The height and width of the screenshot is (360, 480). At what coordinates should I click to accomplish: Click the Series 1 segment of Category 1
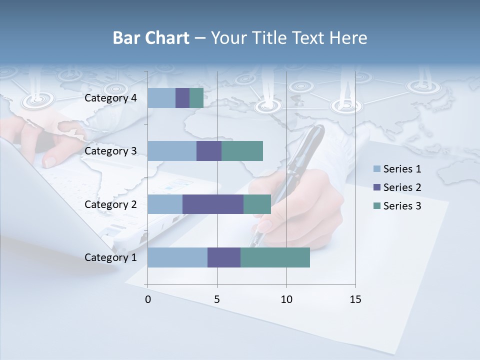point(177,257)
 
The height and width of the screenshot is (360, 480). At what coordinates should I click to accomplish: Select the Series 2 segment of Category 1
point(224,257)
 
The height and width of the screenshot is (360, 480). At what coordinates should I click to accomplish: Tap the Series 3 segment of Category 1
point(275,257)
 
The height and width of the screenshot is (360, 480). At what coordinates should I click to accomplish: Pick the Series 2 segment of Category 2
point(213,204)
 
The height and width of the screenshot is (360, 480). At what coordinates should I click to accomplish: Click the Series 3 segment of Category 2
point(257,204)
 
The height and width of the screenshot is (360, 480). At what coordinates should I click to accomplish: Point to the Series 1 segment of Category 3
point(172,151)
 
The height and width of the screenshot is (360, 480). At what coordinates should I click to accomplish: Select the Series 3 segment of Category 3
point(242,151)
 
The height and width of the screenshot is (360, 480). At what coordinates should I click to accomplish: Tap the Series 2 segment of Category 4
point(182,98)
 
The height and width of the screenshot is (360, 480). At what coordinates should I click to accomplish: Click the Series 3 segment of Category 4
point(196,98)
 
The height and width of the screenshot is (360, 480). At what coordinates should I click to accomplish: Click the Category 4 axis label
point(110,98)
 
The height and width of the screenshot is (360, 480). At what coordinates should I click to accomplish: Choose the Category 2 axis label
point(110,204)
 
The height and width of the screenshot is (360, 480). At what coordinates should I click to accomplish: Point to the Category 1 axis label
point(110,257)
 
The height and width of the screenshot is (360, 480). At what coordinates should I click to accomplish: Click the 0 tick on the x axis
point(148,299)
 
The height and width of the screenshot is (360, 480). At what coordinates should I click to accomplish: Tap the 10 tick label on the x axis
point(286,299)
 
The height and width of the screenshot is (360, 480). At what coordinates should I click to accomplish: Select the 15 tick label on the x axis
point(355,299)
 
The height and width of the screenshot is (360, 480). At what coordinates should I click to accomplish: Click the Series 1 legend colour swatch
point(377,169)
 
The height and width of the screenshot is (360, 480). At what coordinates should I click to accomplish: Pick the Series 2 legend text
point(402,187)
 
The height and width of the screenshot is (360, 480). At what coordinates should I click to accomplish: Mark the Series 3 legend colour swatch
point(377,206)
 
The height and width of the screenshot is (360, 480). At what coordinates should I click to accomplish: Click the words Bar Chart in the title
point(151,38)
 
